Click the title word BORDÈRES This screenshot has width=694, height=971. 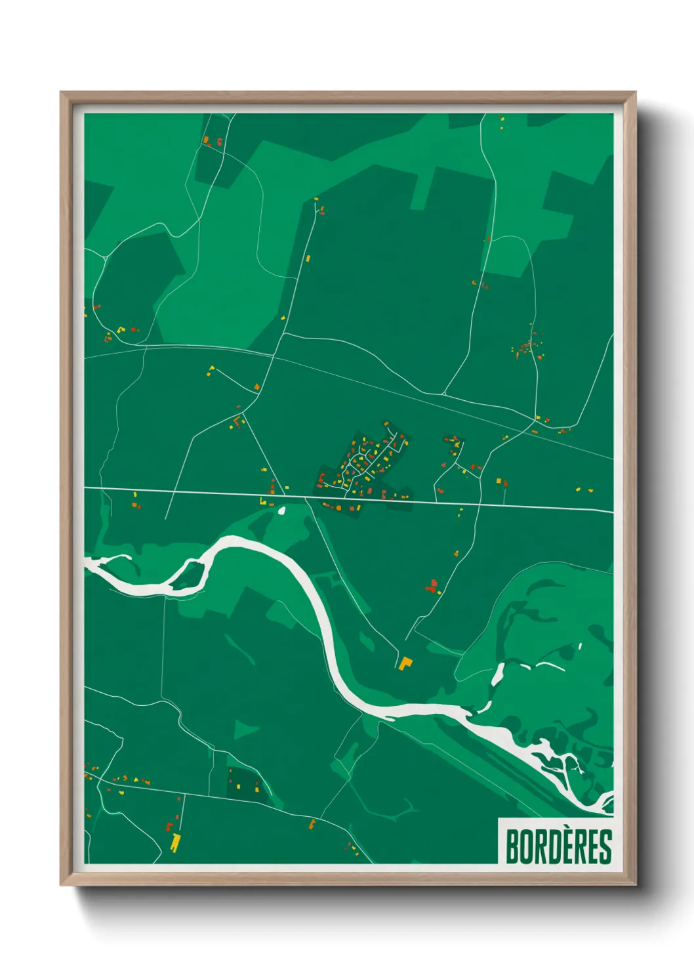click(x=558, y=846)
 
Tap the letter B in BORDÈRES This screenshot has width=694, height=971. click(x=512, y=847)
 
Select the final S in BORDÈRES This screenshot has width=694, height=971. click(x=605, y=847)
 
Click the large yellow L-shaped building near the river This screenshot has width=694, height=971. click(x=405, y=663)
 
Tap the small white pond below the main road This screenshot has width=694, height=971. click(x=282, y=509)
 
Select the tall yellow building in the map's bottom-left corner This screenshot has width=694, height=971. click(x=174, y=842)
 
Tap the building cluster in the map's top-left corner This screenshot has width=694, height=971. click(x=211, y=140)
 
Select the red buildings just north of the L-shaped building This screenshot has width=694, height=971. click(x=432, y=586)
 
